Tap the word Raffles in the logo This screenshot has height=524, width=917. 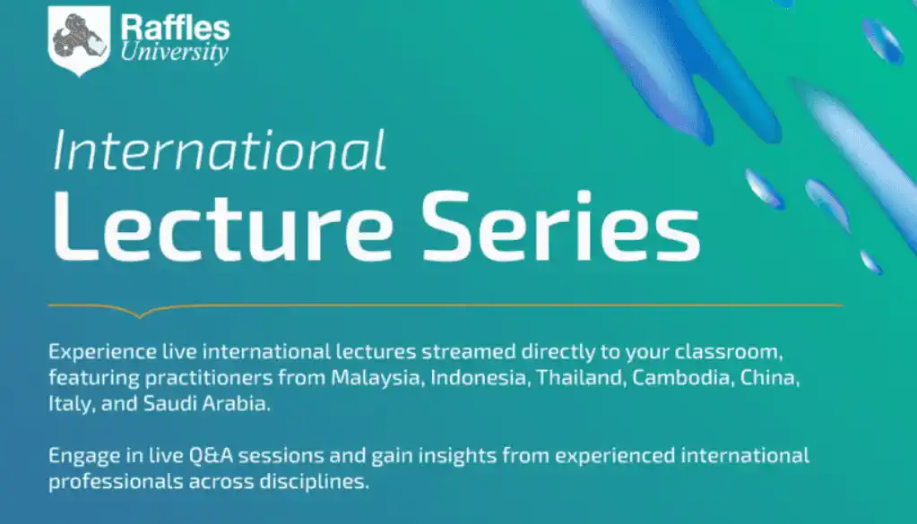(x=175, y=28)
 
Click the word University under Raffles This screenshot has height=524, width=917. (x=174, y=52)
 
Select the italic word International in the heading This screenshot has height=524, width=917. (x=220, y=150)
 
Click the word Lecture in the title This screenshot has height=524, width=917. (x=223, y=227)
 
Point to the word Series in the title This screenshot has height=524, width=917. (x=561, y=227)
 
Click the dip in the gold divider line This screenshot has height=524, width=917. (x=140, y=315)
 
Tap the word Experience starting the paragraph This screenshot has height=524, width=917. (x=102, y=352)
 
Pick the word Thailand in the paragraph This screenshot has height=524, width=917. (x=581, y=377)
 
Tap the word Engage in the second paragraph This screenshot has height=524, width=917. (x=84, y=456)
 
